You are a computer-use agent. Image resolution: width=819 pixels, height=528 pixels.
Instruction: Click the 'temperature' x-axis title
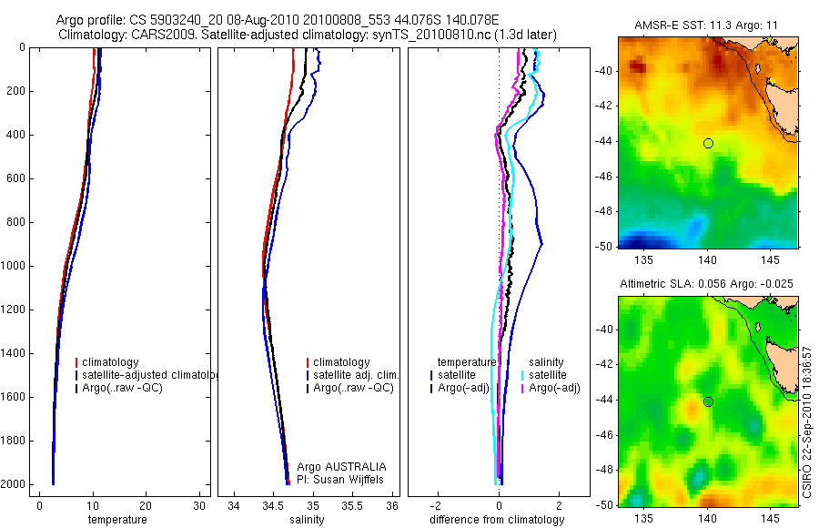[116, 520]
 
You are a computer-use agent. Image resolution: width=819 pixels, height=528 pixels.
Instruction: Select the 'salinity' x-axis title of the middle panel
[305, 520]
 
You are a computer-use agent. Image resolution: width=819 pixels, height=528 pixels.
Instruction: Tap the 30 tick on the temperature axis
[199, 506]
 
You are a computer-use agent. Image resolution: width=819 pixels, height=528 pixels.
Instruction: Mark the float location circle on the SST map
[708, 143]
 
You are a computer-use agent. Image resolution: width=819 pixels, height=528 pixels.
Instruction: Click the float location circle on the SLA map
[708, 401]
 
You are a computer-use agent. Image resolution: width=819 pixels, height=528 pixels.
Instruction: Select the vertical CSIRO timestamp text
[808, 421]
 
